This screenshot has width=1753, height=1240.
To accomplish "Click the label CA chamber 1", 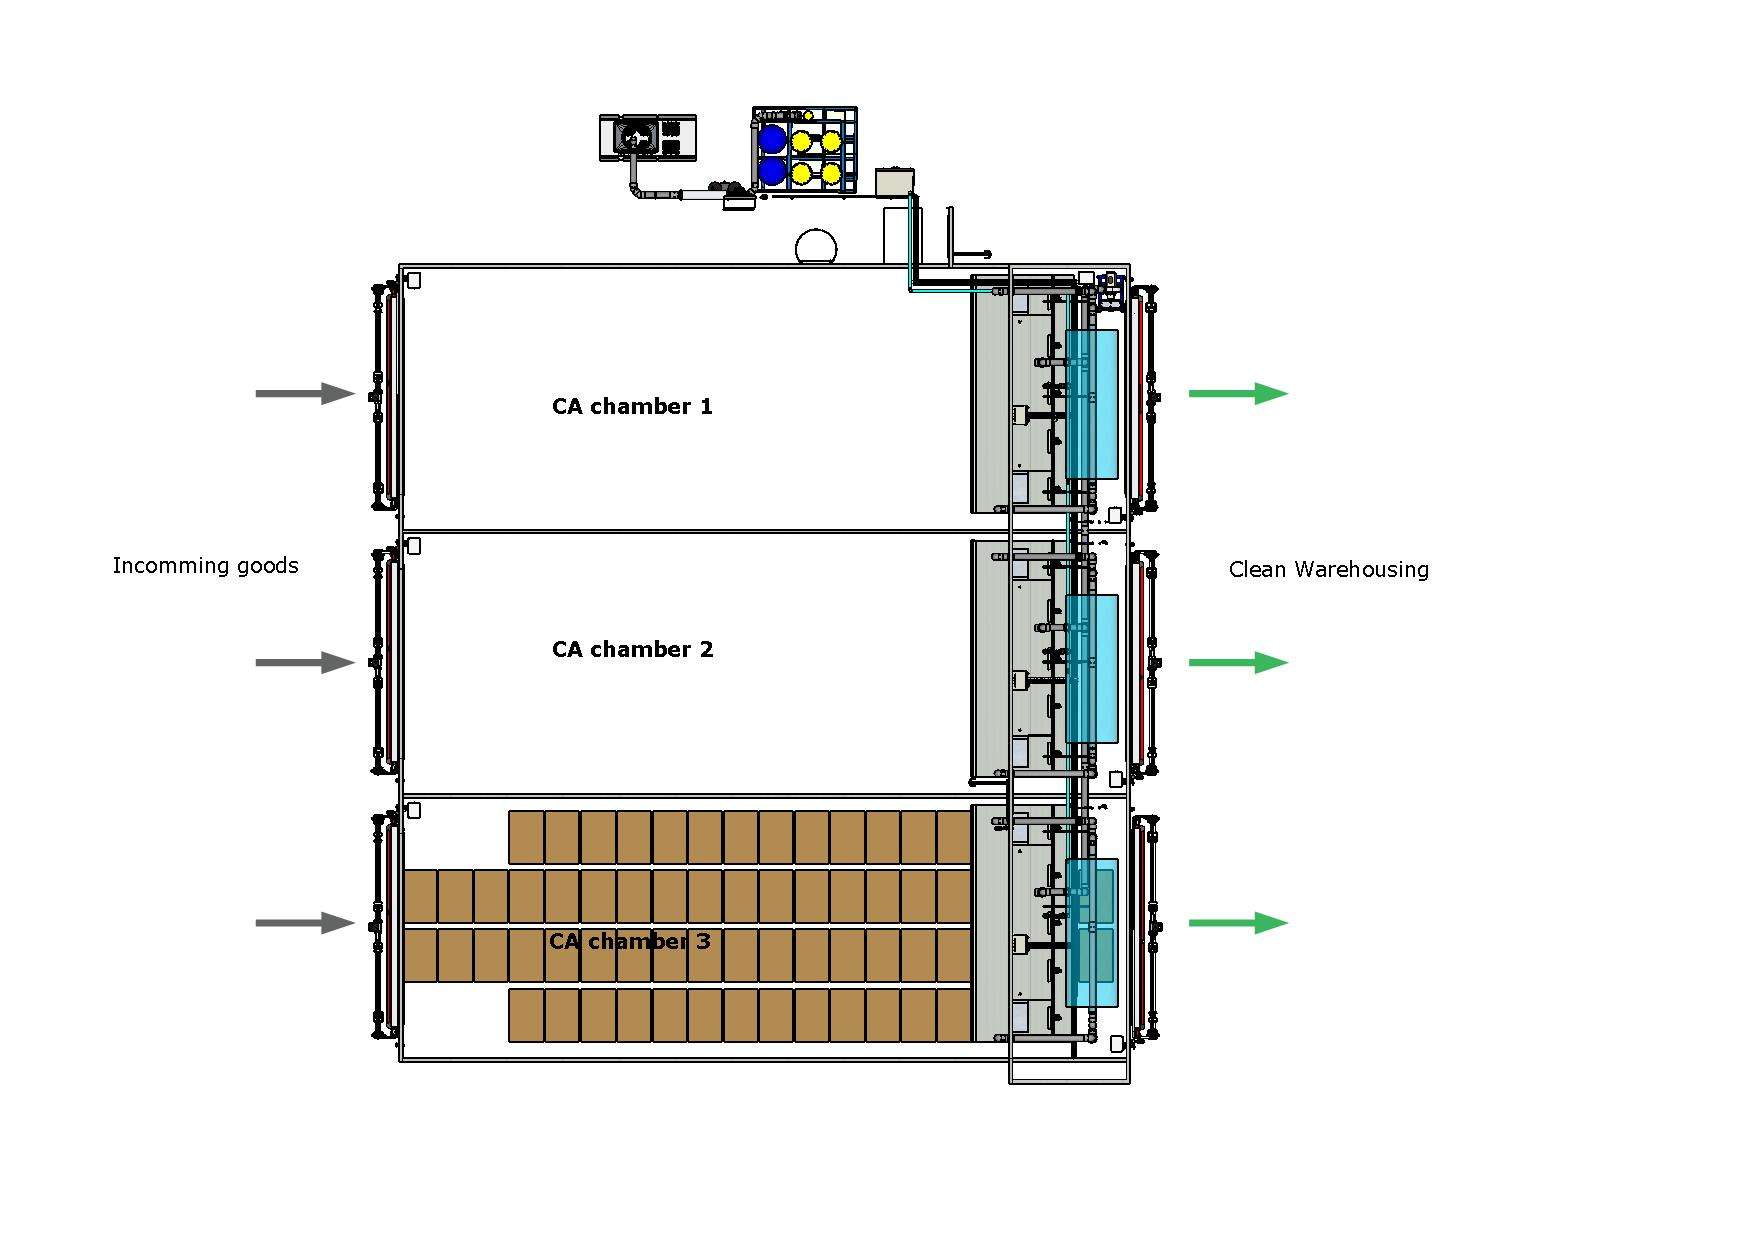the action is [632, 406].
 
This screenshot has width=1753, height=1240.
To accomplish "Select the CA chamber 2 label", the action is [632, 649].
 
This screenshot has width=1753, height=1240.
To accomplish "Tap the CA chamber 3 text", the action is [630, 941].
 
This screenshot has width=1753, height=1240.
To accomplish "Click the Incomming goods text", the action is [205, 566].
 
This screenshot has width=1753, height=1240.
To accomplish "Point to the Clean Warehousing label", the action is [1328, 570].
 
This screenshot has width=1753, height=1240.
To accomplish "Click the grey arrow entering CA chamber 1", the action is [306, 393].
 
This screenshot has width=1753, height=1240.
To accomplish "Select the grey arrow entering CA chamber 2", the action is [306, 662].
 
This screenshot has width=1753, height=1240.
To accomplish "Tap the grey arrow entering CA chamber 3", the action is [306, 922].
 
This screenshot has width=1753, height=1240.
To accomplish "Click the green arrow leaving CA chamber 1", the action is [1238, 393].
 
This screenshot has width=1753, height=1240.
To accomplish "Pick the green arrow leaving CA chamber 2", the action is [1238, 662].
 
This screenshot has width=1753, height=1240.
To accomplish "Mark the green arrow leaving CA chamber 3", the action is [1238, 922].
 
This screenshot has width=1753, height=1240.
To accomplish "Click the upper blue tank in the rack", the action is [772, 138].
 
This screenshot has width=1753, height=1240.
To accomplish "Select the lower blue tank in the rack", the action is [772, 171].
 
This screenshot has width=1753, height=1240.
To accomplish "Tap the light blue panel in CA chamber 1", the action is [1092, 404].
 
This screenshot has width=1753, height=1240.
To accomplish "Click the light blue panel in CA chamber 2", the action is [1092, 669].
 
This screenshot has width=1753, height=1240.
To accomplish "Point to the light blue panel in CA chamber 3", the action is [1092, 932].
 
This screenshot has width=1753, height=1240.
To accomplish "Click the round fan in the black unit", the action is [636, 136].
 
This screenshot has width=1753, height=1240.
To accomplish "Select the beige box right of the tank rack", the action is [894, 182].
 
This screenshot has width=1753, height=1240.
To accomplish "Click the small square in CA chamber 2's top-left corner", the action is [414, 546].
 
